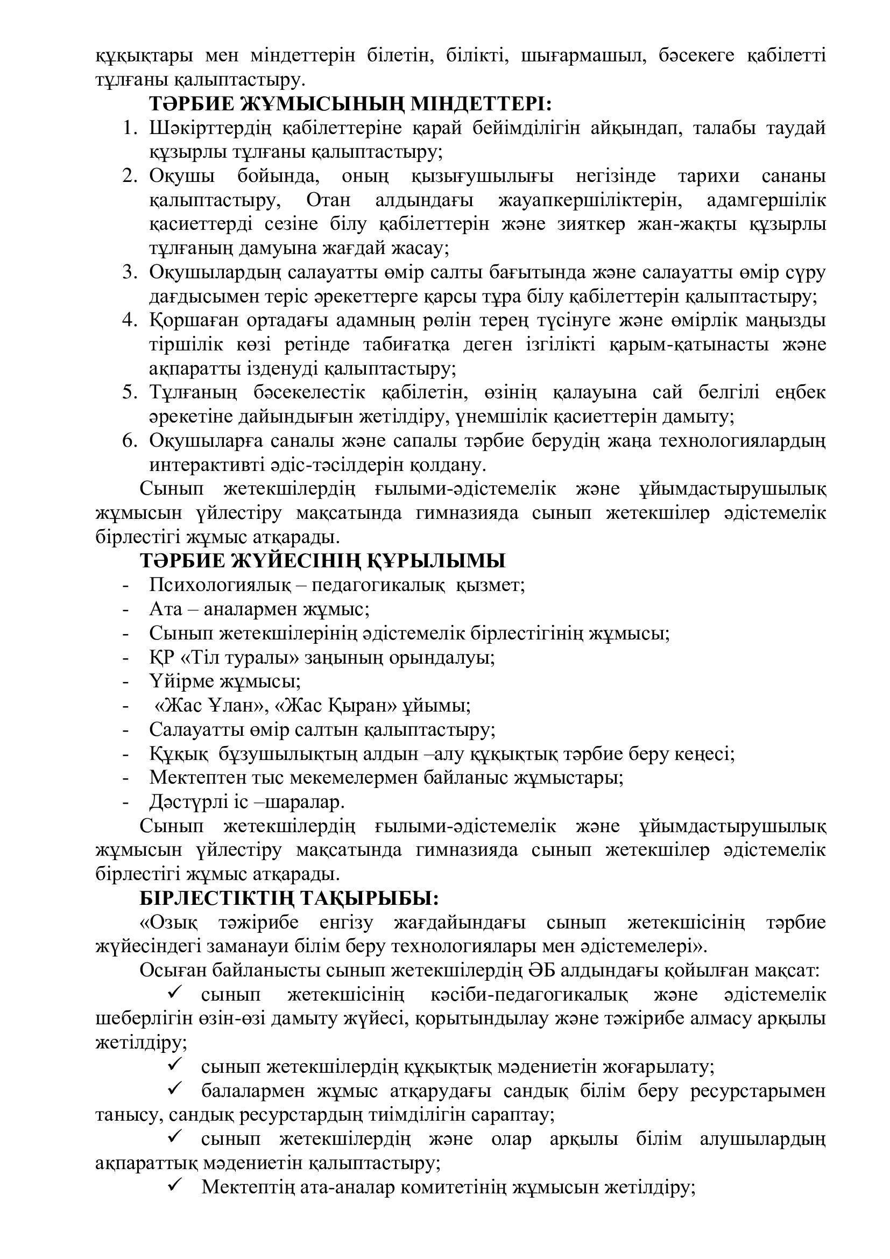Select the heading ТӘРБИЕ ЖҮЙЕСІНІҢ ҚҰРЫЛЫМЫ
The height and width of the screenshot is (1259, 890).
coord(322,561)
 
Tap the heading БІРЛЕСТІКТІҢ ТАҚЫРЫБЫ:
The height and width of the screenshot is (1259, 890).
coord(289,898)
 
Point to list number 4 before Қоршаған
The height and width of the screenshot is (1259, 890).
coord(129,320)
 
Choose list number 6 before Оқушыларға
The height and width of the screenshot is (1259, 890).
coord(129,440)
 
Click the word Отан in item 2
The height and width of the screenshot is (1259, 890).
coord(328,200)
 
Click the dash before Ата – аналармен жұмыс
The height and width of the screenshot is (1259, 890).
coord(126,610)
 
